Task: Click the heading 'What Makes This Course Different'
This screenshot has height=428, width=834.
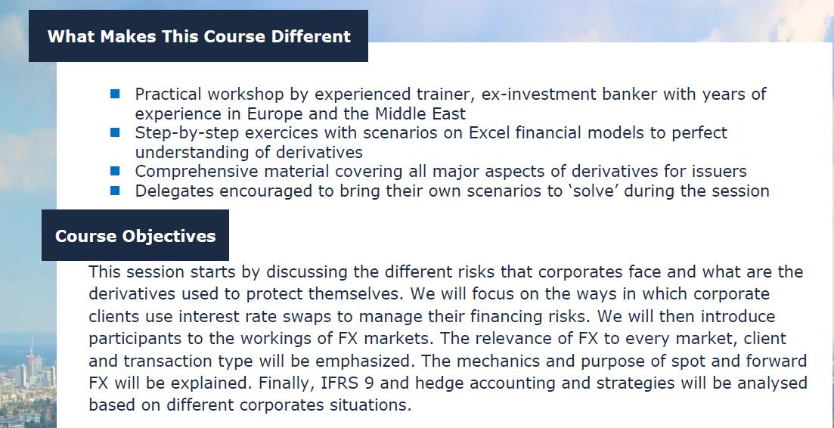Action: click(x=199, y=36)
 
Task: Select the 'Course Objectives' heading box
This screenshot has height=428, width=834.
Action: click(x=135, y=236)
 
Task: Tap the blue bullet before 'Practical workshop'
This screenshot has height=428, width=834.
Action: click(x=115, y=94)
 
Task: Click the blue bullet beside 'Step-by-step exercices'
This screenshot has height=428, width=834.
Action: click(x=115, y=132)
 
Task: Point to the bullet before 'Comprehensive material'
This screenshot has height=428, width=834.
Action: click(x=115, y=171)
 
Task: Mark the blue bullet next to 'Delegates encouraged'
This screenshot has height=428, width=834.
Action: click(x=115, y=191)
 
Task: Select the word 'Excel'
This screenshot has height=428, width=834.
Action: click(x=491, y=133)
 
